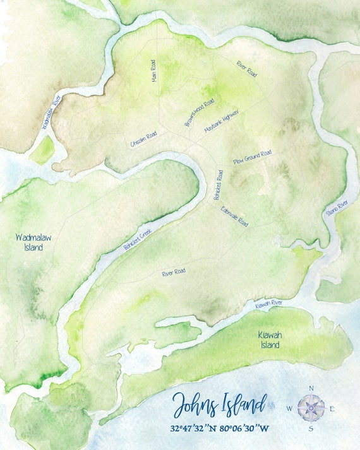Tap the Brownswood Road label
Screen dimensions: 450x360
[200, 112]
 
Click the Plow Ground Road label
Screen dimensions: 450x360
[252, 157]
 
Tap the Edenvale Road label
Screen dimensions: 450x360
[234, 216]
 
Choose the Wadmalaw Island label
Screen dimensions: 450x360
[30, 242]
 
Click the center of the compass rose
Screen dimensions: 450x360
[311, 408]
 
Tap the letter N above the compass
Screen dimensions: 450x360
[311, 388]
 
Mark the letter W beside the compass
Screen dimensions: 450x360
[289, 408]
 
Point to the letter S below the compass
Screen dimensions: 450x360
[311, 429]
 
